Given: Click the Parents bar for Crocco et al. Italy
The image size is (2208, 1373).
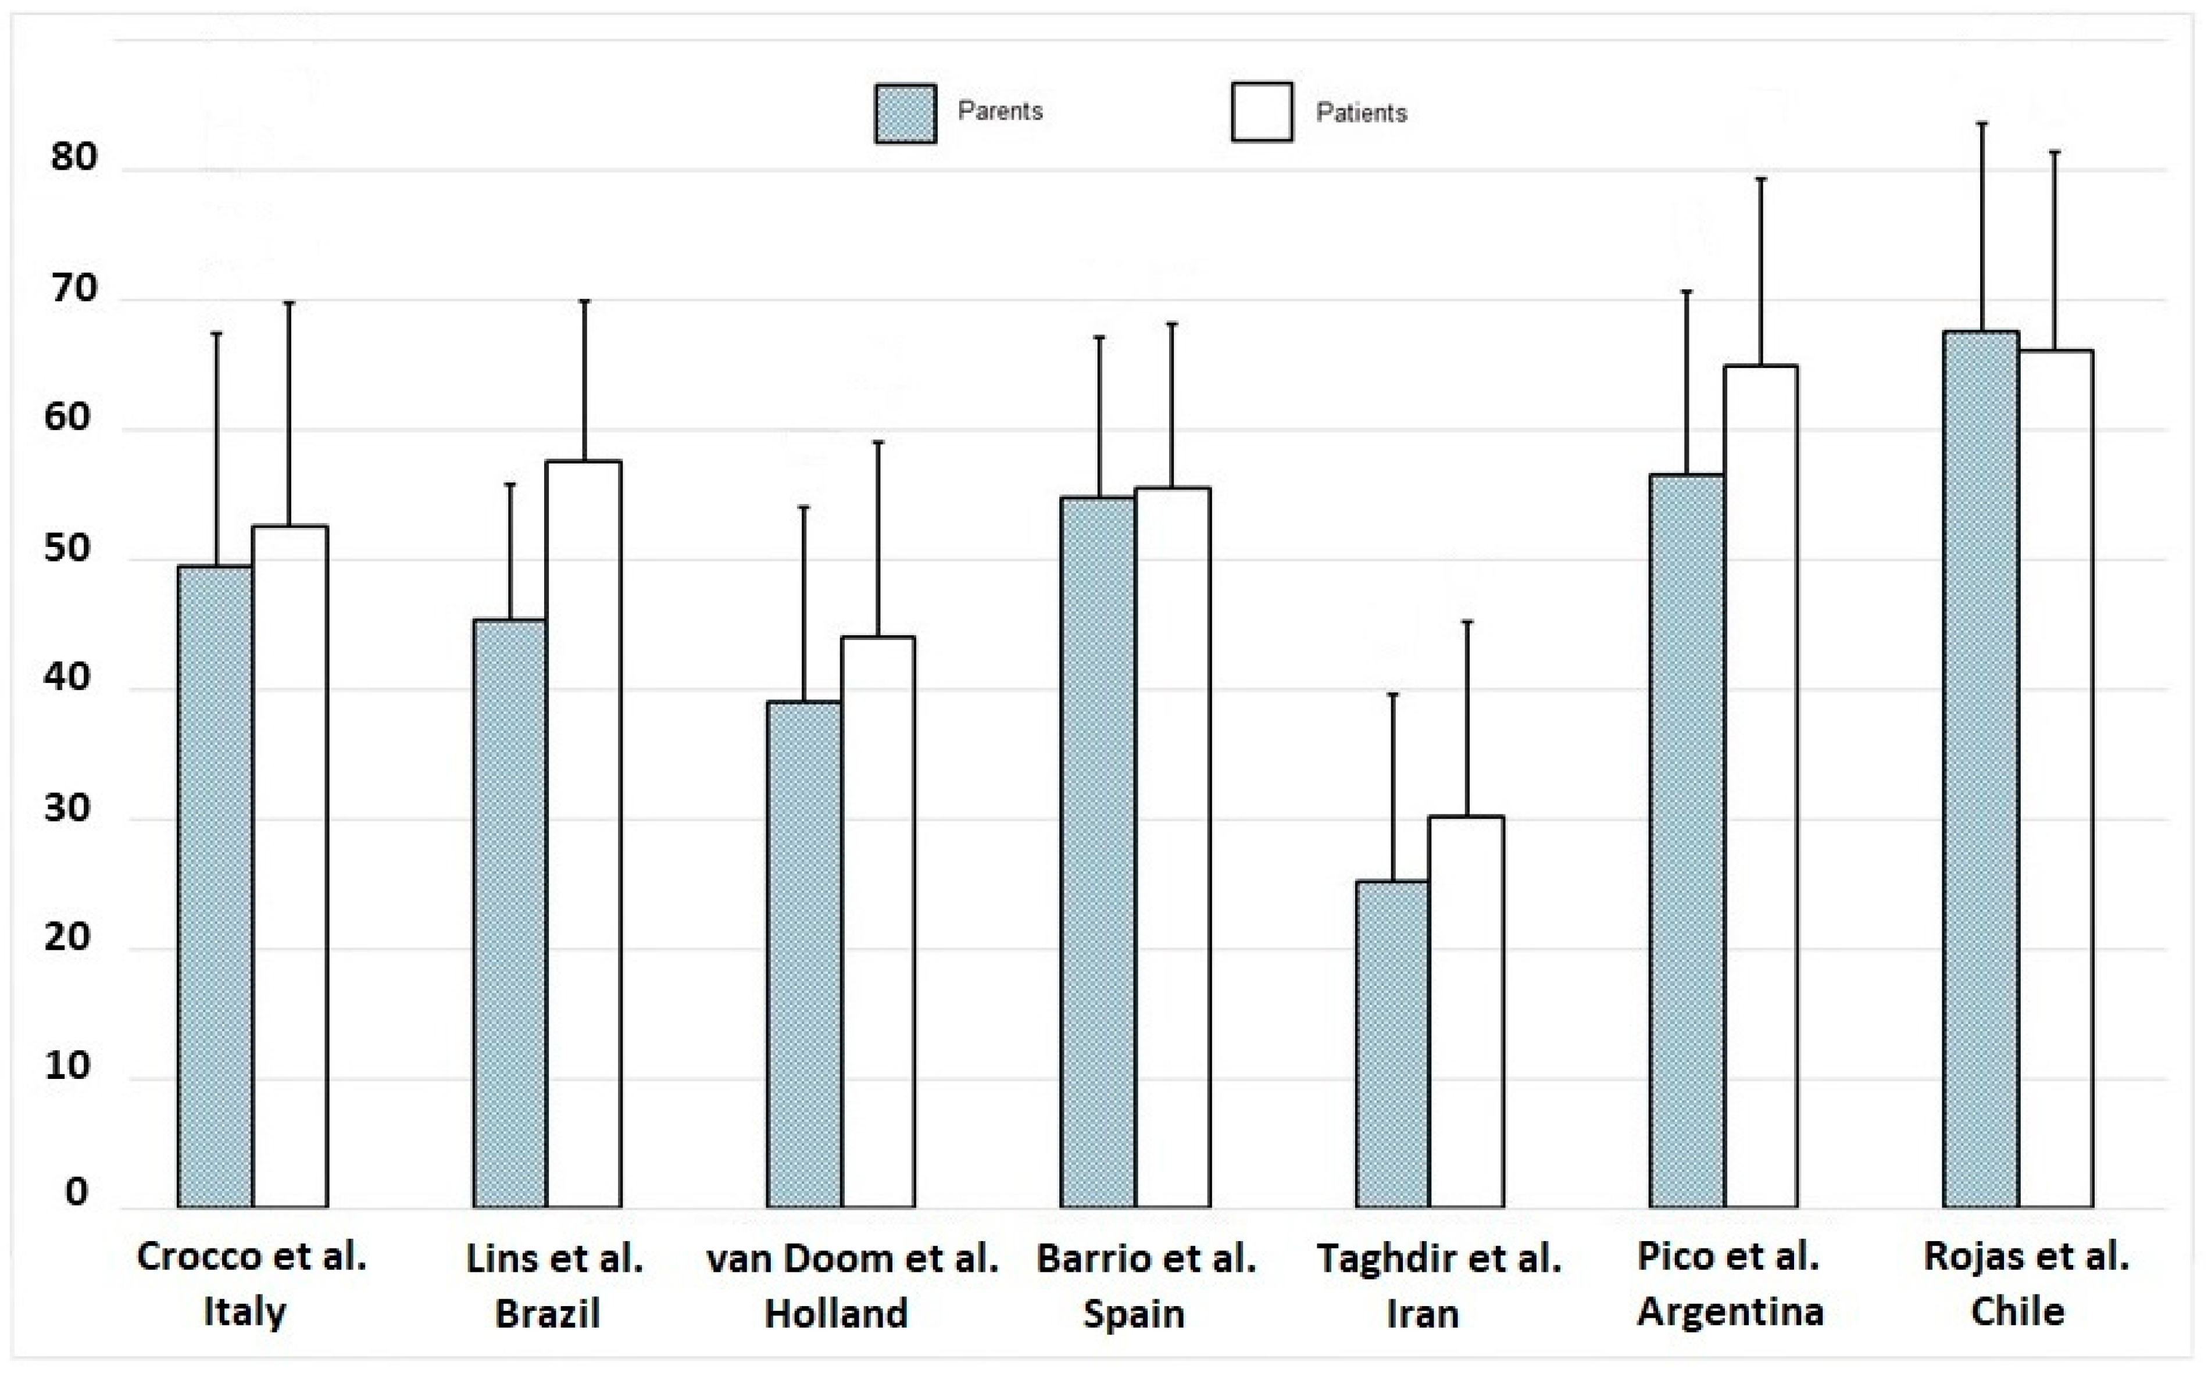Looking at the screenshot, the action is [215, 886].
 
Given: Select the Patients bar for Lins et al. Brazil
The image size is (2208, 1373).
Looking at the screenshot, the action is [584, 834].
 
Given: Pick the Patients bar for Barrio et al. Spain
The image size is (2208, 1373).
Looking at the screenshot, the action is [1172, 848].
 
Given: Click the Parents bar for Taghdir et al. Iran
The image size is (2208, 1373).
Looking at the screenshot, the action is [1393, 1044].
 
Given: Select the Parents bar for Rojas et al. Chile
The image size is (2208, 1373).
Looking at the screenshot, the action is [1981, 769].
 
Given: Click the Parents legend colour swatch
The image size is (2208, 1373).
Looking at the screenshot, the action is [905, 113].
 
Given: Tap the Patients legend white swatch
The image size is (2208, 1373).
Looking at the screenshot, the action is [1262, 113].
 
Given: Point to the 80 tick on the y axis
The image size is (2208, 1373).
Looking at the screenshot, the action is [73, 157].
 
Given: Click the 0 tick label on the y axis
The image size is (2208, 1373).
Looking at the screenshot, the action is [76, 1192].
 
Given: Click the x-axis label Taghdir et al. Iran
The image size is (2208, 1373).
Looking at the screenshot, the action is [1439, 1286].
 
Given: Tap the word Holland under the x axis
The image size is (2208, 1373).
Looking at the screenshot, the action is [836, 1314].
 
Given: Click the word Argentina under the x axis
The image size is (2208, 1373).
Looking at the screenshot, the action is [1731, 1312].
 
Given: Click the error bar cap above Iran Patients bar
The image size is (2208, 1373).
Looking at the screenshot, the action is [1467, 622].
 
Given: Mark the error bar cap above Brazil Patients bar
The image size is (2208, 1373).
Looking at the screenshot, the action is [585, 301].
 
